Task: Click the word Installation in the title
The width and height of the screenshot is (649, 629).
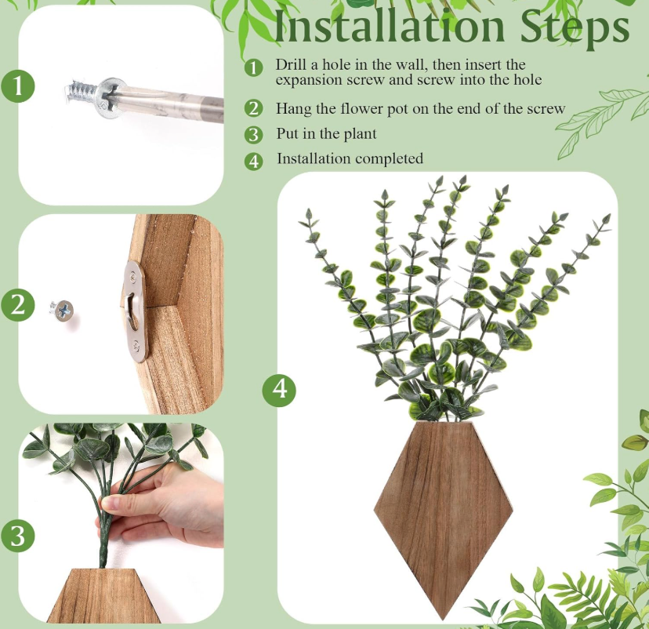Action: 389,27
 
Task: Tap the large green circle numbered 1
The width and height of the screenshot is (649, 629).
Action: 18,86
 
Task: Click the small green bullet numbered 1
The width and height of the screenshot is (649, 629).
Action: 253,67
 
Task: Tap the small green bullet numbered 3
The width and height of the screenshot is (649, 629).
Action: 253,135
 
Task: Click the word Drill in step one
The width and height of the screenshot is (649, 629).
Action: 292,64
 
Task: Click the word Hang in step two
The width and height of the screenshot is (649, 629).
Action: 293,108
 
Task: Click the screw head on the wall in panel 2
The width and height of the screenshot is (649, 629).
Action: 63,310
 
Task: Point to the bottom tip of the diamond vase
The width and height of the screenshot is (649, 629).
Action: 444,620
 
